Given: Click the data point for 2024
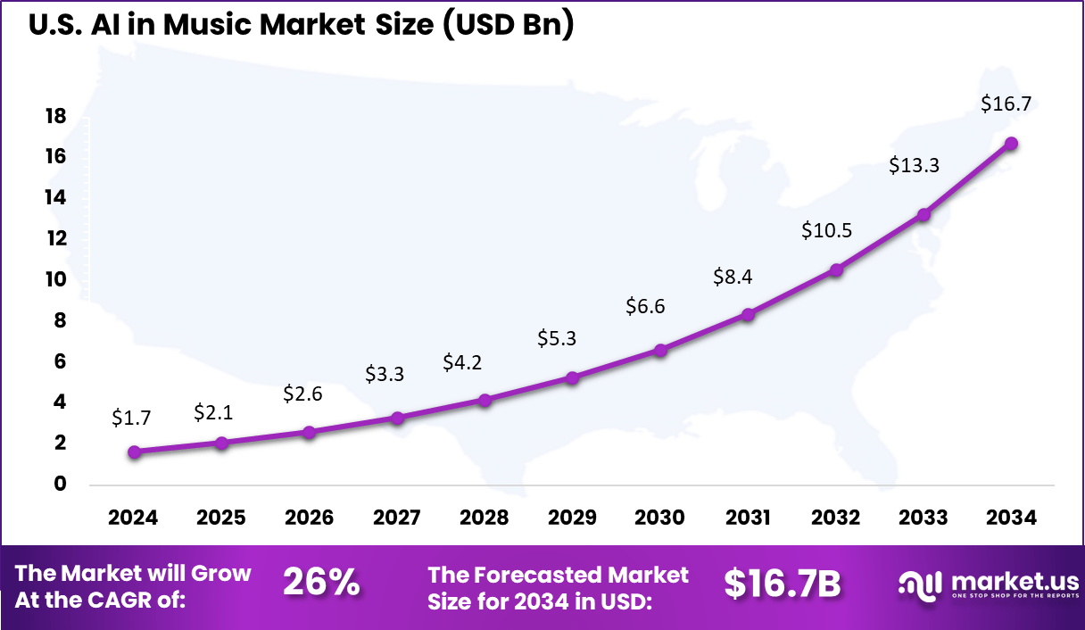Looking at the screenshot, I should [134, 452].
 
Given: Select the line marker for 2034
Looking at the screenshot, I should [1011, 144].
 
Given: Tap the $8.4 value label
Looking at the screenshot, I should [733, 278].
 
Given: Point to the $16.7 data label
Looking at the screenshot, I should [1006, 104].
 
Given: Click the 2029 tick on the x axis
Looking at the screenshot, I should [572, 518].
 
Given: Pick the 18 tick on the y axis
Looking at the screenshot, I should [55, 116].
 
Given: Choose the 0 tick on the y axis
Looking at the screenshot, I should [60, 485].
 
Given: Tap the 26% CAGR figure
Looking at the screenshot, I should [321, 583].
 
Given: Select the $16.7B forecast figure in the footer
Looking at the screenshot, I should [782, 584].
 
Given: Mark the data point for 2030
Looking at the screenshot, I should [660, 351].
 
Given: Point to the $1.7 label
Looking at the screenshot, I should [131, 417].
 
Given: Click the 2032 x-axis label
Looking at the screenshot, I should [835, 518].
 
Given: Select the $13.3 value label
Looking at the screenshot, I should [914, 165].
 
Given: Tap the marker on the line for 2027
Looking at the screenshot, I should [398, 418].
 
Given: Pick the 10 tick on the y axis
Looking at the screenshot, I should [55, 279].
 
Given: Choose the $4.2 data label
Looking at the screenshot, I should [462, 363].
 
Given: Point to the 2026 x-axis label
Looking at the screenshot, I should [309, 518].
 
